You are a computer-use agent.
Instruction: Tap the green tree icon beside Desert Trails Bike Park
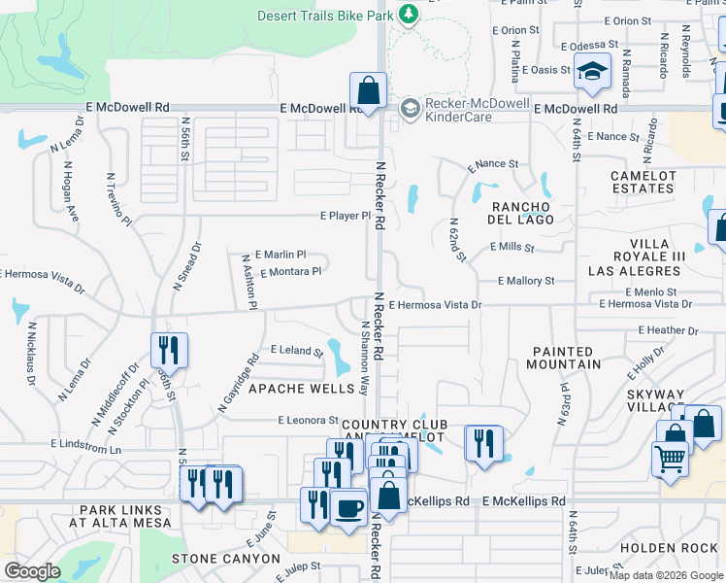(x=410, y=15)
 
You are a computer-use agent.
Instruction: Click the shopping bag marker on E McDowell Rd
(x=368, y=91)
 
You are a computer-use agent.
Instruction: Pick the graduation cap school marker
(x=591, y=71)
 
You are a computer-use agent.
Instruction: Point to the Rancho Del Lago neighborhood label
(x=522, y=213)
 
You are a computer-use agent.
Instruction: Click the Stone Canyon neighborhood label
(x=225, y=560)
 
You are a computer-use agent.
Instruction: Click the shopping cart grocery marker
(x=670, y=457)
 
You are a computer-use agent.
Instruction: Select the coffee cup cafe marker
(x=347, y=507)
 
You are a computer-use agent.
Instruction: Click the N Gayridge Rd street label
(x=239, y=383)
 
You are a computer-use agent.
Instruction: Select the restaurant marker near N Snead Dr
(x=169, y=350)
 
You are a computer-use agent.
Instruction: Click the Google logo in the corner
(x=33, y=571)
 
